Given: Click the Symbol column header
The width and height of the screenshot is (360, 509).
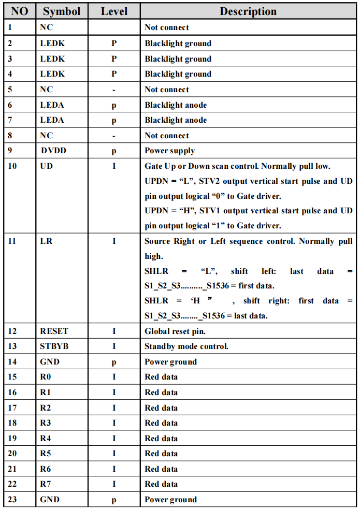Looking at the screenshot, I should (62, 11).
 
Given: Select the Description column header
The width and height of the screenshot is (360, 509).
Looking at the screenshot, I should (248, 11).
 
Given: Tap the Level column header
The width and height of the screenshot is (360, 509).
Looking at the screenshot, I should (114, 11).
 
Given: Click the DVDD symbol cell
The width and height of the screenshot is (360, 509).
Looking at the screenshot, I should (54, 151).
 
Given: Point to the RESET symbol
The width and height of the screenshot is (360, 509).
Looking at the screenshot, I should (54, 331).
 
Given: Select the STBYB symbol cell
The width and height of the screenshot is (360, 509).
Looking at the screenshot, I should (54, 346).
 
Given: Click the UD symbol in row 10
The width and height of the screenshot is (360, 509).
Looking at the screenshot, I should (46, 166).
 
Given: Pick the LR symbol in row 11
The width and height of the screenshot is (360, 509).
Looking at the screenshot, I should (46, 241).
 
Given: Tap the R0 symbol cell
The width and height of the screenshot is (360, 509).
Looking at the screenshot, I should (46, 376).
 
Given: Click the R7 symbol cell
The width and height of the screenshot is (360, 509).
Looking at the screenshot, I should (46, 484).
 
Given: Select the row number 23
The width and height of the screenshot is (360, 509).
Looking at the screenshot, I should (12, 500).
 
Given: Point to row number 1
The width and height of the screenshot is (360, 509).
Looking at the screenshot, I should (10, 27).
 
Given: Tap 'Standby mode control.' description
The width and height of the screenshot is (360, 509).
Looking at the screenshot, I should (186, 346).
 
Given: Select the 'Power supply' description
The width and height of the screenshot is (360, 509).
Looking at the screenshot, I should (170, 151).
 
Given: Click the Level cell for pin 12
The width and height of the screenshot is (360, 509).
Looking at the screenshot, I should (114, 331).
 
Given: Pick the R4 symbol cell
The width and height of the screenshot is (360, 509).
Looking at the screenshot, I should (46, 438).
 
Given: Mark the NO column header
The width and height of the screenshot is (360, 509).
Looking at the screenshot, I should (20, 11).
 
